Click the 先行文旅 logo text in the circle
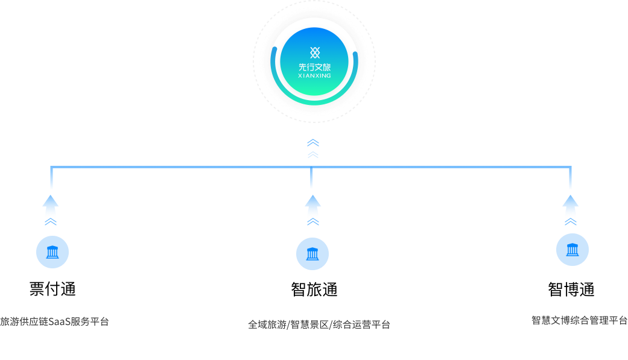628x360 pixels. pyautogui.click(x=314, y=67)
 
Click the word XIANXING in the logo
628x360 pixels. pyautogui.click(x=314, y=76)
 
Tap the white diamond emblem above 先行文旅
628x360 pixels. pyautogui.click(x=314, y=52)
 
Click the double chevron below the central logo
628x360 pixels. pyautogui.click(x=312, y=148)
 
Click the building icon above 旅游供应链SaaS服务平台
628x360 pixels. pyautogui.click(x=52, y=252)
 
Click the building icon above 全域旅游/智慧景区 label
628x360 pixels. pyautogui.click(x=312, y=254)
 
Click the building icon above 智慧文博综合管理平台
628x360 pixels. pyautogui.click(x=572, y=250)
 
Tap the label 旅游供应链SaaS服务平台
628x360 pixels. pyautogui.click(x=54, y=321)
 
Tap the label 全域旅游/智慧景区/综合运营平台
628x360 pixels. pyautogui.click(x=319, y=324)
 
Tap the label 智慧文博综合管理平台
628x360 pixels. pyautogui.click(x=579, y=320)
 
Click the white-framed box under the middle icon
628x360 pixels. pyautogui.click(x=312, y=290)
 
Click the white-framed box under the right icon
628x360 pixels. pyautogui.click(x=571, y=287)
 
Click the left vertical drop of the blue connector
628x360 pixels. pyautogui.click(x=51, y=178)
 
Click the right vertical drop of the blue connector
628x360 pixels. pyautogui.click(x=570, y=178)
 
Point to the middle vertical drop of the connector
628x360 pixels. pyautogui.click(x=311, y=178)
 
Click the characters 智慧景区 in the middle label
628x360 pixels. pyautogui.click(x=309, y=324)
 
